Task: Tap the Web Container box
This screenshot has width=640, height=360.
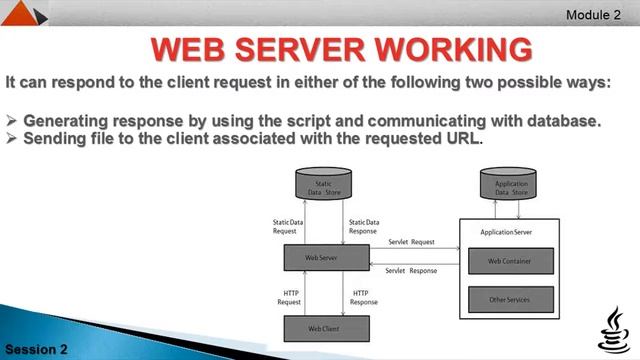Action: [x=510, y=261]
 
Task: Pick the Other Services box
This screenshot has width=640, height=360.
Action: [x=510, y=298]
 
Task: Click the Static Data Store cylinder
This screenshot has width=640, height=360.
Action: [x=323, y=186]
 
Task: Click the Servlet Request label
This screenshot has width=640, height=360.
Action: [x=411, y=242]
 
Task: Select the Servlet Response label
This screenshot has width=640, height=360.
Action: [x=411, y=271]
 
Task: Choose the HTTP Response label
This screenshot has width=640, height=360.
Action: [x=363, y=297]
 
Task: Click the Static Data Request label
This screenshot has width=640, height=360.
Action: [x=285, y=226]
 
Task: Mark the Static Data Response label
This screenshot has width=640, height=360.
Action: [x=363, y=226]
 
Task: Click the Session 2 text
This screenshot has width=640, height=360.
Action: [x=35, y=349]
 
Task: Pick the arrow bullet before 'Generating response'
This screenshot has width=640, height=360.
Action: [x=12, y=121]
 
